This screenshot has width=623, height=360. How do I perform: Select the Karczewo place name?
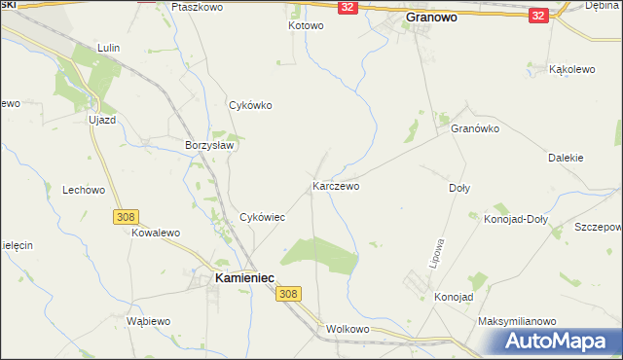click(x=337, y=185)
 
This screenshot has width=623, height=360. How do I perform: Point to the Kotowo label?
click(x=305, y=25)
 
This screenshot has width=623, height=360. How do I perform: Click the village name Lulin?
click(x=108, y=47)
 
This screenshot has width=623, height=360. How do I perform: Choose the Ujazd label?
click(x=102, y=119)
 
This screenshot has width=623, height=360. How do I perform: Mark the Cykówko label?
click(x=249, y=105)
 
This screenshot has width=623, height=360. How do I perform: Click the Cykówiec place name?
click(x=262, y=217)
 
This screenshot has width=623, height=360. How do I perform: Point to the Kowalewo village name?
click(x=157, y=234)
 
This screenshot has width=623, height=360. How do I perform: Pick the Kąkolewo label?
click(x=573, y=70)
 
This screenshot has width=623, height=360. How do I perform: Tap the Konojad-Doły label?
click(x=516, y=219)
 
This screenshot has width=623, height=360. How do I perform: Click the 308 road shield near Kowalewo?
click(x=125, y=217)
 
